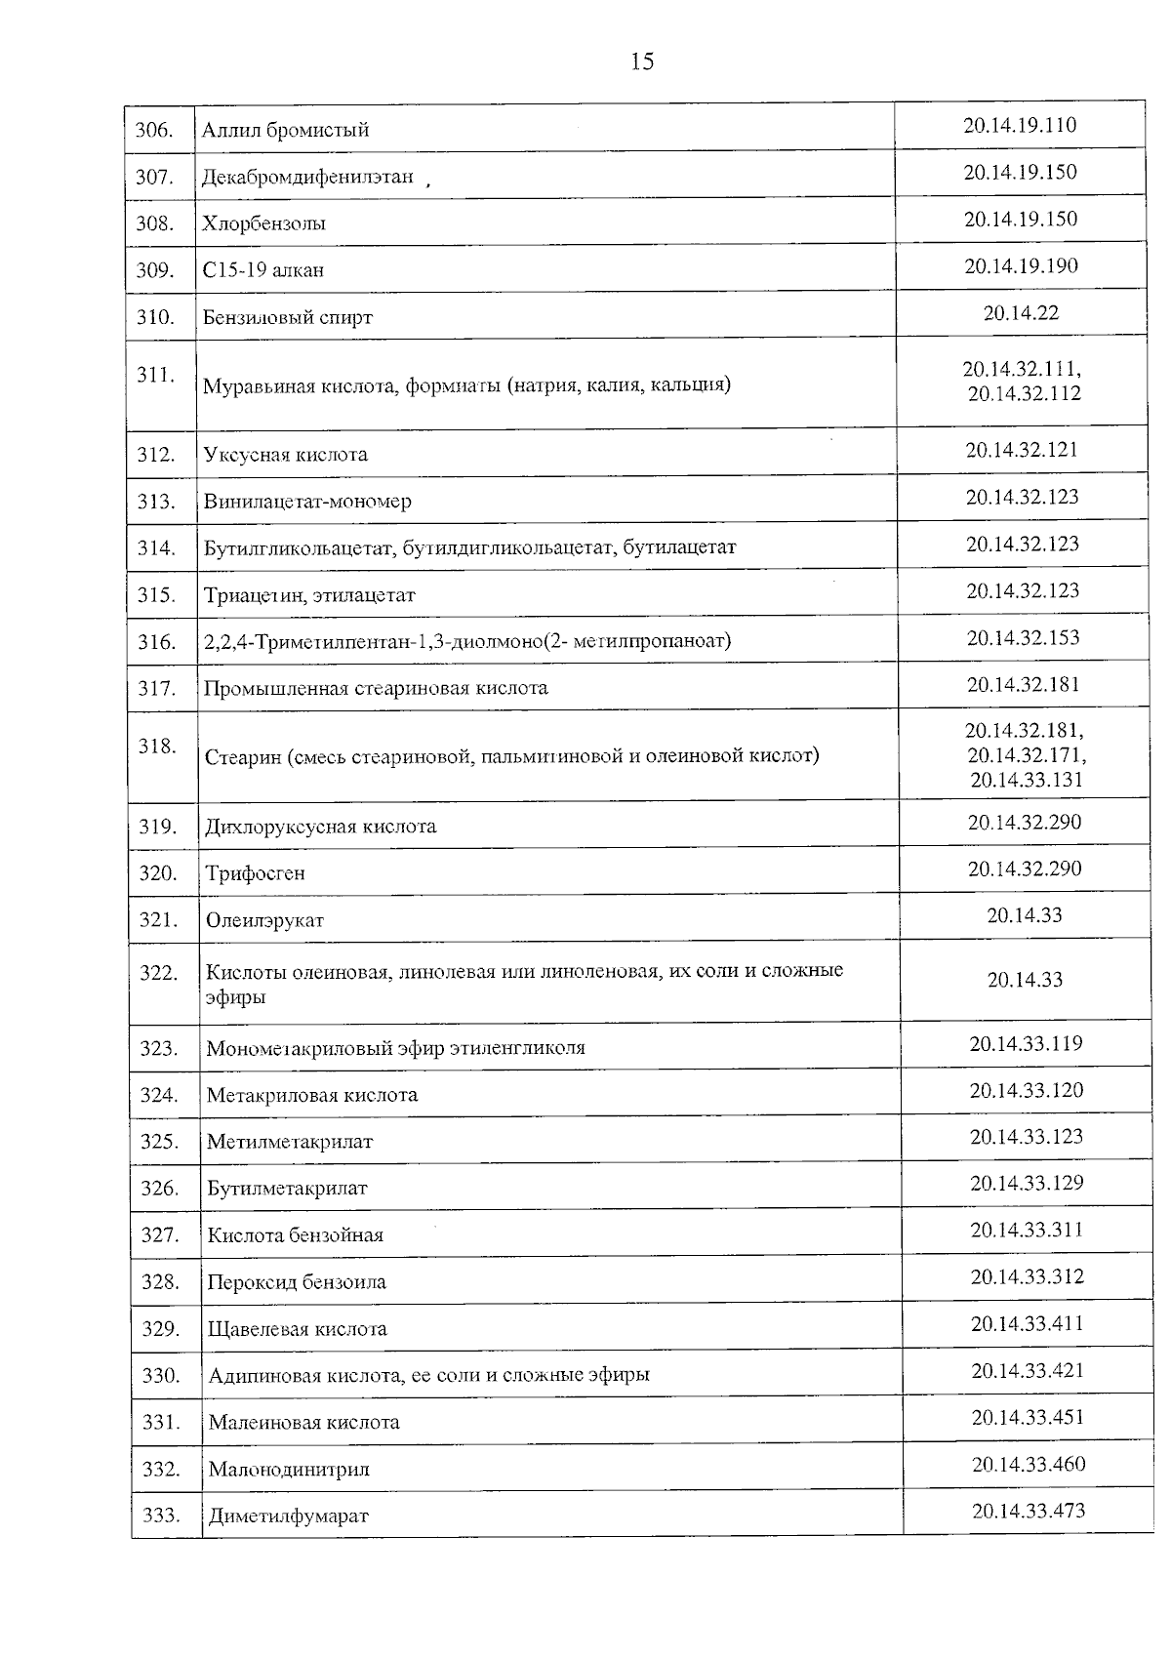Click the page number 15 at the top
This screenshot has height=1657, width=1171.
[x=642, y=62]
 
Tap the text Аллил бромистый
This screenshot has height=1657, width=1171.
[x=285, y=130]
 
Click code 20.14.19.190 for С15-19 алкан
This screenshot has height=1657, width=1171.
[x=1021, y=265]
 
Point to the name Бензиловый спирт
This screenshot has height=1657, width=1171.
[x=288, y=317]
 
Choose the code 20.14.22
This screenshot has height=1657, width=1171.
[x=1021, y=312]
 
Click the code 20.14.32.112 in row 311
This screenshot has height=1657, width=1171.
[x=1024, y=393]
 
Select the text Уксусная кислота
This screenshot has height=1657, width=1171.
[x=286, y=454]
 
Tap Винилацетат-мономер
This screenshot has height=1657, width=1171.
[x=307, y=501]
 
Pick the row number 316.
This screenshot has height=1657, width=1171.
[x=156, y=641]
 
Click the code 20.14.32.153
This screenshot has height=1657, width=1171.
[x=1023, y=637]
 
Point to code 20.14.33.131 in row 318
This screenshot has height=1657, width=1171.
[x=1027, y=779]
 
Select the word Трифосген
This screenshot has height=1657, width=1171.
[x=255, y=872]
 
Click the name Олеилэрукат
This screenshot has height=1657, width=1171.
[x=264, y=919]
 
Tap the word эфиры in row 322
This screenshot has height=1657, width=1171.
[x=235, y=997]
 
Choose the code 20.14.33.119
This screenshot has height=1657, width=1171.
[x=1026, y=1043]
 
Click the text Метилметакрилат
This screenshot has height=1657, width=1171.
[x=290, y=1141]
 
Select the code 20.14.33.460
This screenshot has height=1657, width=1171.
[x=1028, y=1464]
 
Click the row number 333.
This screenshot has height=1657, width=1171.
[x=161, y=1515]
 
